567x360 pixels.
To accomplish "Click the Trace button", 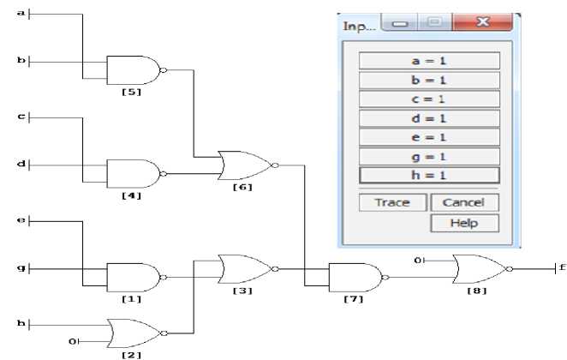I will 391,203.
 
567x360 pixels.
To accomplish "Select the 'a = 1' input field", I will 429,61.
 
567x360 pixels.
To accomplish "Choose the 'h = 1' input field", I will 429,175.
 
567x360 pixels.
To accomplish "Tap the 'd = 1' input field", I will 429,118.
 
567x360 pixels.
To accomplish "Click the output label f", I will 560,267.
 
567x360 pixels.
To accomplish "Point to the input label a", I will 22,14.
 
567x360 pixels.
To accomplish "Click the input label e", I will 21,221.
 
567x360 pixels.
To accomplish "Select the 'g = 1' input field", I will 429,156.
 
